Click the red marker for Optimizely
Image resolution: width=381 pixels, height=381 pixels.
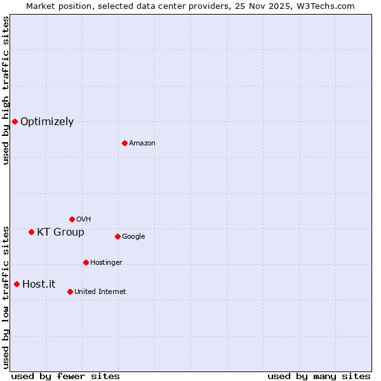15,121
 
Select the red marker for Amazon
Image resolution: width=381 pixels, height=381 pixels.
124,143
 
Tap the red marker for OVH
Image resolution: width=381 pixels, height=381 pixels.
72,219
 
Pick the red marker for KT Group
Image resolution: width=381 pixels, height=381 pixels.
31,232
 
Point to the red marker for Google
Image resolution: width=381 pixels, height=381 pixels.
117,236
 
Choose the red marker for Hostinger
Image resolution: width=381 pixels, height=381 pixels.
86,262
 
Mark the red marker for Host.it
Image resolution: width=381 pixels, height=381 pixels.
17,284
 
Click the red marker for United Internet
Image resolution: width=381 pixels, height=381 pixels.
70,291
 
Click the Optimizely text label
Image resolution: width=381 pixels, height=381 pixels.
47,122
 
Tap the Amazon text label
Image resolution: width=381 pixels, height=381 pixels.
142,144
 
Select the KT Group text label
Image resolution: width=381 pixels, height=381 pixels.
60,232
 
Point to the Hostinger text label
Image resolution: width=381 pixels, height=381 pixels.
106,263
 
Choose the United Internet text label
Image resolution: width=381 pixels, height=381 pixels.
100,292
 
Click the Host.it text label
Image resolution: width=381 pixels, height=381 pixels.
39,284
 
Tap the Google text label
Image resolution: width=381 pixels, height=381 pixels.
133,237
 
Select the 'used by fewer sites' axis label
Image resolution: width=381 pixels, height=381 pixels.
65,376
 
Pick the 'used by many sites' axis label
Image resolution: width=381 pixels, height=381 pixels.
319,376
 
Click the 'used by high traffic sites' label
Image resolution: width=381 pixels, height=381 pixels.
6,91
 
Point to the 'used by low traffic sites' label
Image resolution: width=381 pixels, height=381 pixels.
6,297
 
